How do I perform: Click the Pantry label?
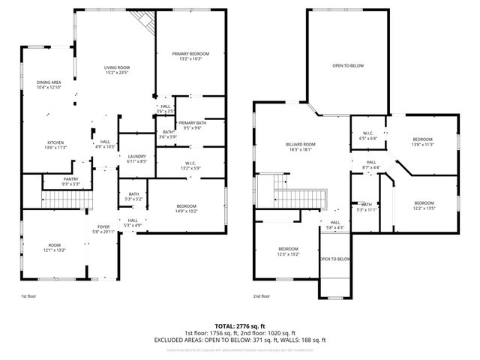pos(70,181)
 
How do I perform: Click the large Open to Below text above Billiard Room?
pos(348,66)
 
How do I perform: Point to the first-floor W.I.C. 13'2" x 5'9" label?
pos(190,166)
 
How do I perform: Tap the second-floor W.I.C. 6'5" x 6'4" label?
pos(368,136)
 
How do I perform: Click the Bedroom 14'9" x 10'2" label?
pos(186,208)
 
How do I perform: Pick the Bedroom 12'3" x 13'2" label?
pos(289,251)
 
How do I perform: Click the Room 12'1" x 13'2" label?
pos(54,247)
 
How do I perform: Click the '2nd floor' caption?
pos(262,296)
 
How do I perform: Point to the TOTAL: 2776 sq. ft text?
pos(240,325)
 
